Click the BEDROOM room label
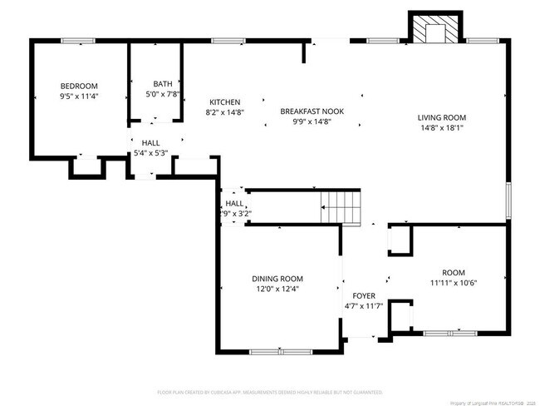click(79, 86)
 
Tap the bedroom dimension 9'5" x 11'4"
click(79, 97)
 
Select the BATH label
click(163, 84)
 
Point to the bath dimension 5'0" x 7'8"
click(163, 95)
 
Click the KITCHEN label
click(224, 101)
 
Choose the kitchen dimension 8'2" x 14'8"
click(224, 111)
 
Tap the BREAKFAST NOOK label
click(312, 111)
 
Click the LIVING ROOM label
click(442, 117)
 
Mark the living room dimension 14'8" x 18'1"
click(442, 128)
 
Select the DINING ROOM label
click(277, 279)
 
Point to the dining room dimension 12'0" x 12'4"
click(277, 290)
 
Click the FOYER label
click(364, 296)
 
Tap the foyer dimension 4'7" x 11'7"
click(364, 307)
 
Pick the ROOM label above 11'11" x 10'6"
click(454, 272)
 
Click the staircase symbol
click(341, 207)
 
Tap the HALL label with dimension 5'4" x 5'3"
click(150, 142)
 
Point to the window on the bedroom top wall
click(77, 40)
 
